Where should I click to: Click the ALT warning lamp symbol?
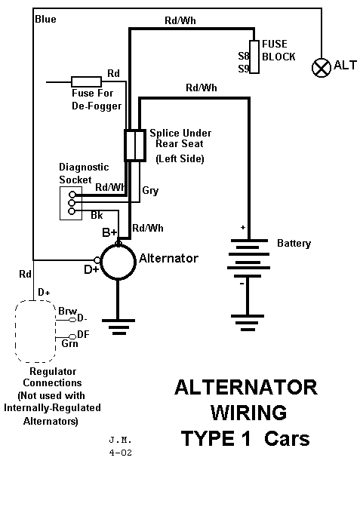(322, 68)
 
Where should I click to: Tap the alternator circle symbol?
(118, 263)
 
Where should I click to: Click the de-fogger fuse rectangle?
(86, 81)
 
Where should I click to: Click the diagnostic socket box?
(69, 203)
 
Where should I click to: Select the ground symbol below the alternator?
(118, 327)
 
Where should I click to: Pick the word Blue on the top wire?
(45, 19)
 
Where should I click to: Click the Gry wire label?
(150, 191)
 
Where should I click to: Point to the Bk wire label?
(97, 216)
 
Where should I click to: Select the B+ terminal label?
(109, 232)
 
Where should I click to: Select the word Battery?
(294, 244)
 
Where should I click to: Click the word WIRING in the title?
(248, 413)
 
